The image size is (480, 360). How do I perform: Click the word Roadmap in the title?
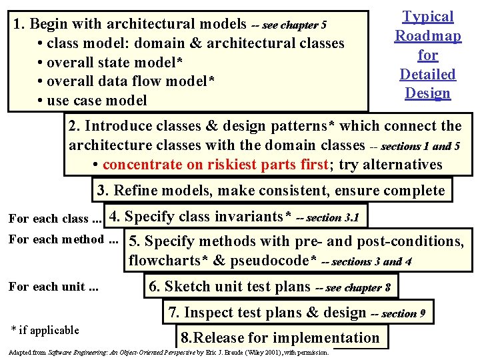[427, 36]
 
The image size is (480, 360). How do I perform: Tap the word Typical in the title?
[427, 17]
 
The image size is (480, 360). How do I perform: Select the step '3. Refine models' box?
[271, 191]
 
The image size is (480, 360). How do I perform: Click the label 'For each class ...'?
[54, 219]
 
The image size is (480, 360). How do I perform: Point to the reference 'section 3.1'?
[333, 218]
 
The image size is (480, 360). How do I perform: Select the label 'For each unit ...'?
[53, 287]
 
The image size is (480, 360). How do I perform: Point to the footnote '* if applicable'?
[45, 330]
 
